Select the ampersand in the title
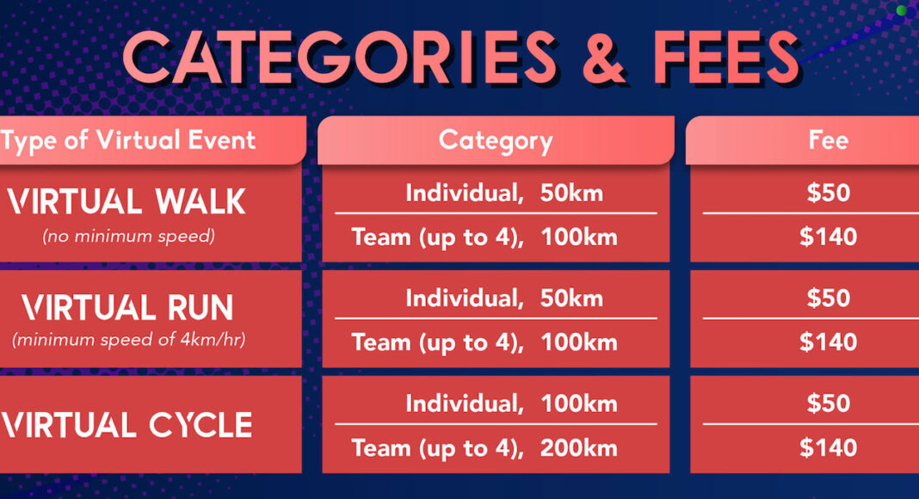pos(604,57)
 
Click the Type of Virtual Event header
pos(127,141)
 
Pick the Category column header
pos(496,141)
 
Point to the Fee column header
pos(828,140)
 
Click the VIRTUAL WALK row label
pos(126,202)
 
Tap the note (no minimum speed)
pos(128,236)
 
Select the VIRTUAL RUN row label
pos(127,308)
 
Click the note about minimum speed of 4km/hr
pos(128,340)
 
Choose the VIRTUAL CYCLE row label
pos(126,425)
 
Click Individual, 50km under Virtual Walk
pos(504,194)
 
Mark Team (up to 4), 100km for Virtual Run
pos(484,342)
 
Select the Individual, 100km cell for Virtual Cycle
pos(511,404)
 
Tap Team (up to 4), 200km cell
pos(484,448)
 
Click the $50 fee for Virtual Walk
pos(828,193)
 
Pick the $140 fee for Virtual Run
pos(828,342)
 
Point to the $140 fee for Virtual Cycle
pos(828,448)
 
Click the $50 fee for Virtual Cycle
pos(828,404)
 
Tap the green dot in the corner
pos(902,10)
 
